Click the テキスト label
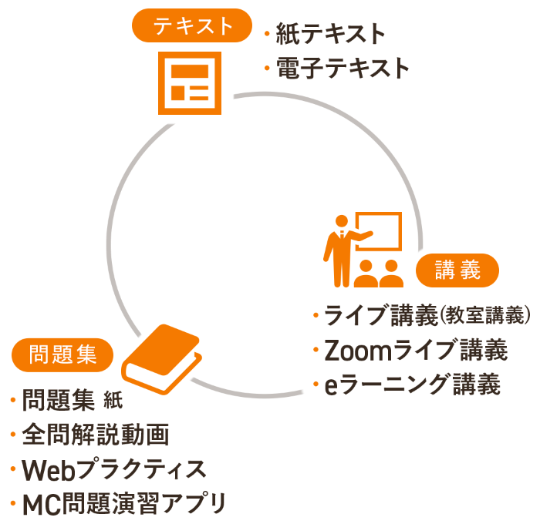pos(193,25)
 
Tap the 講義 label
pos(457,270)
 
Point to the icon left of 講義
pos(363,250)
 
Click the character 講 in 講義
pos(446,270)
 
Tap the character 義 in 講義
pos(470,270)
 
